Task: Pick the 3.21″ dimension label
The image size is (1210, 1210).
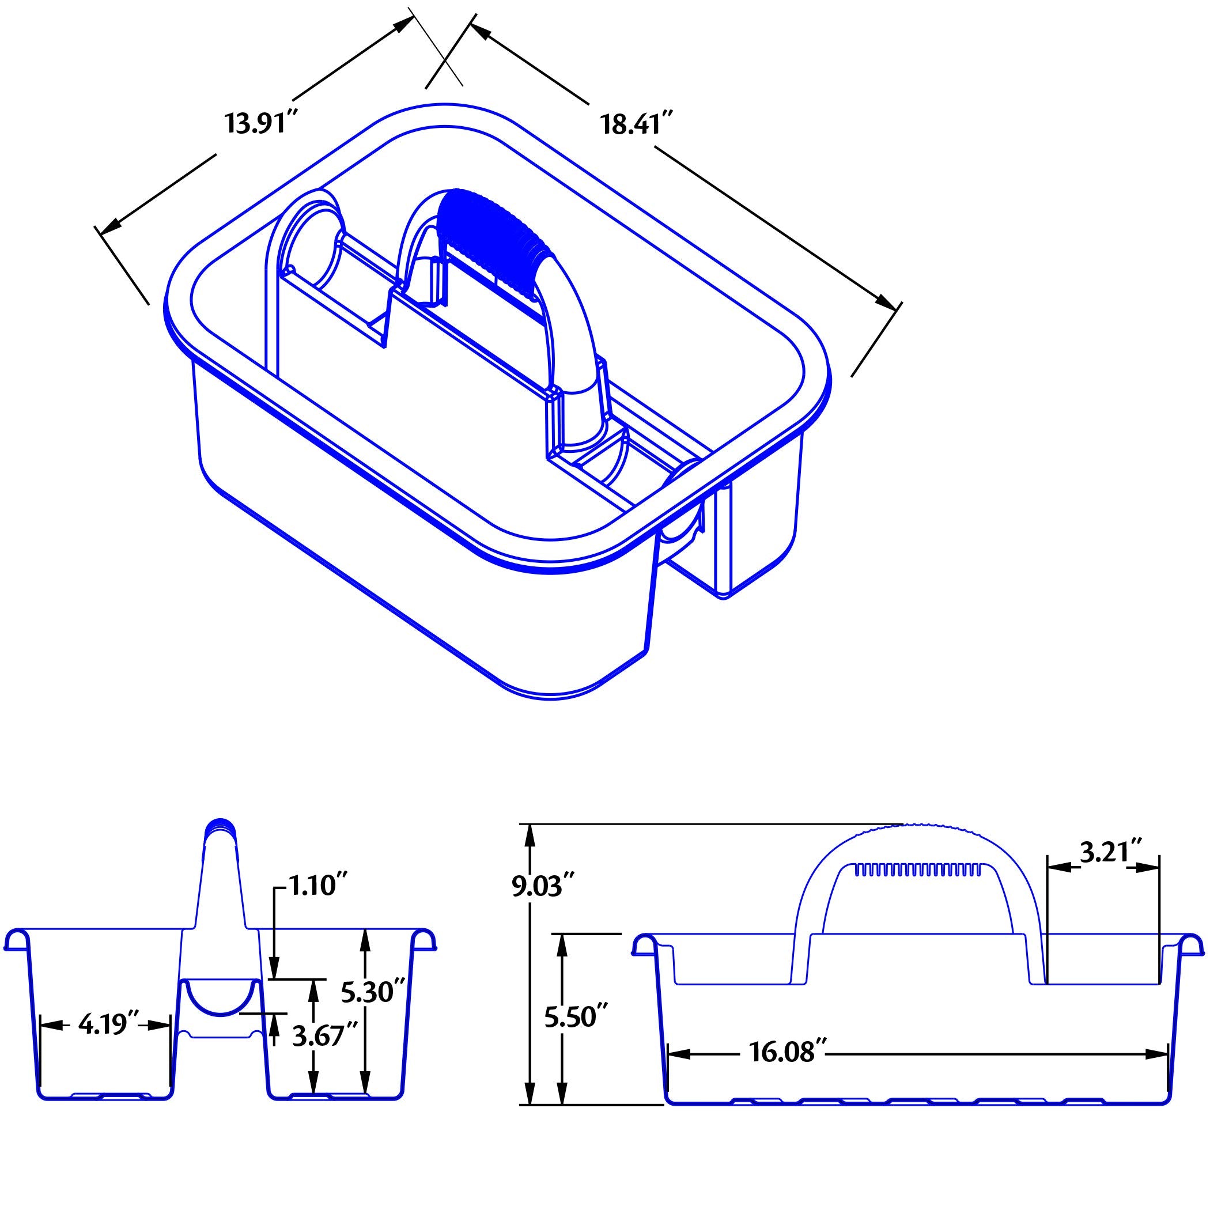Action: click(1107, 852)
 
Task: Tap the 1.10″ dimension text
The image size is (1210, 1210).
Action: click(317, 887)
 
